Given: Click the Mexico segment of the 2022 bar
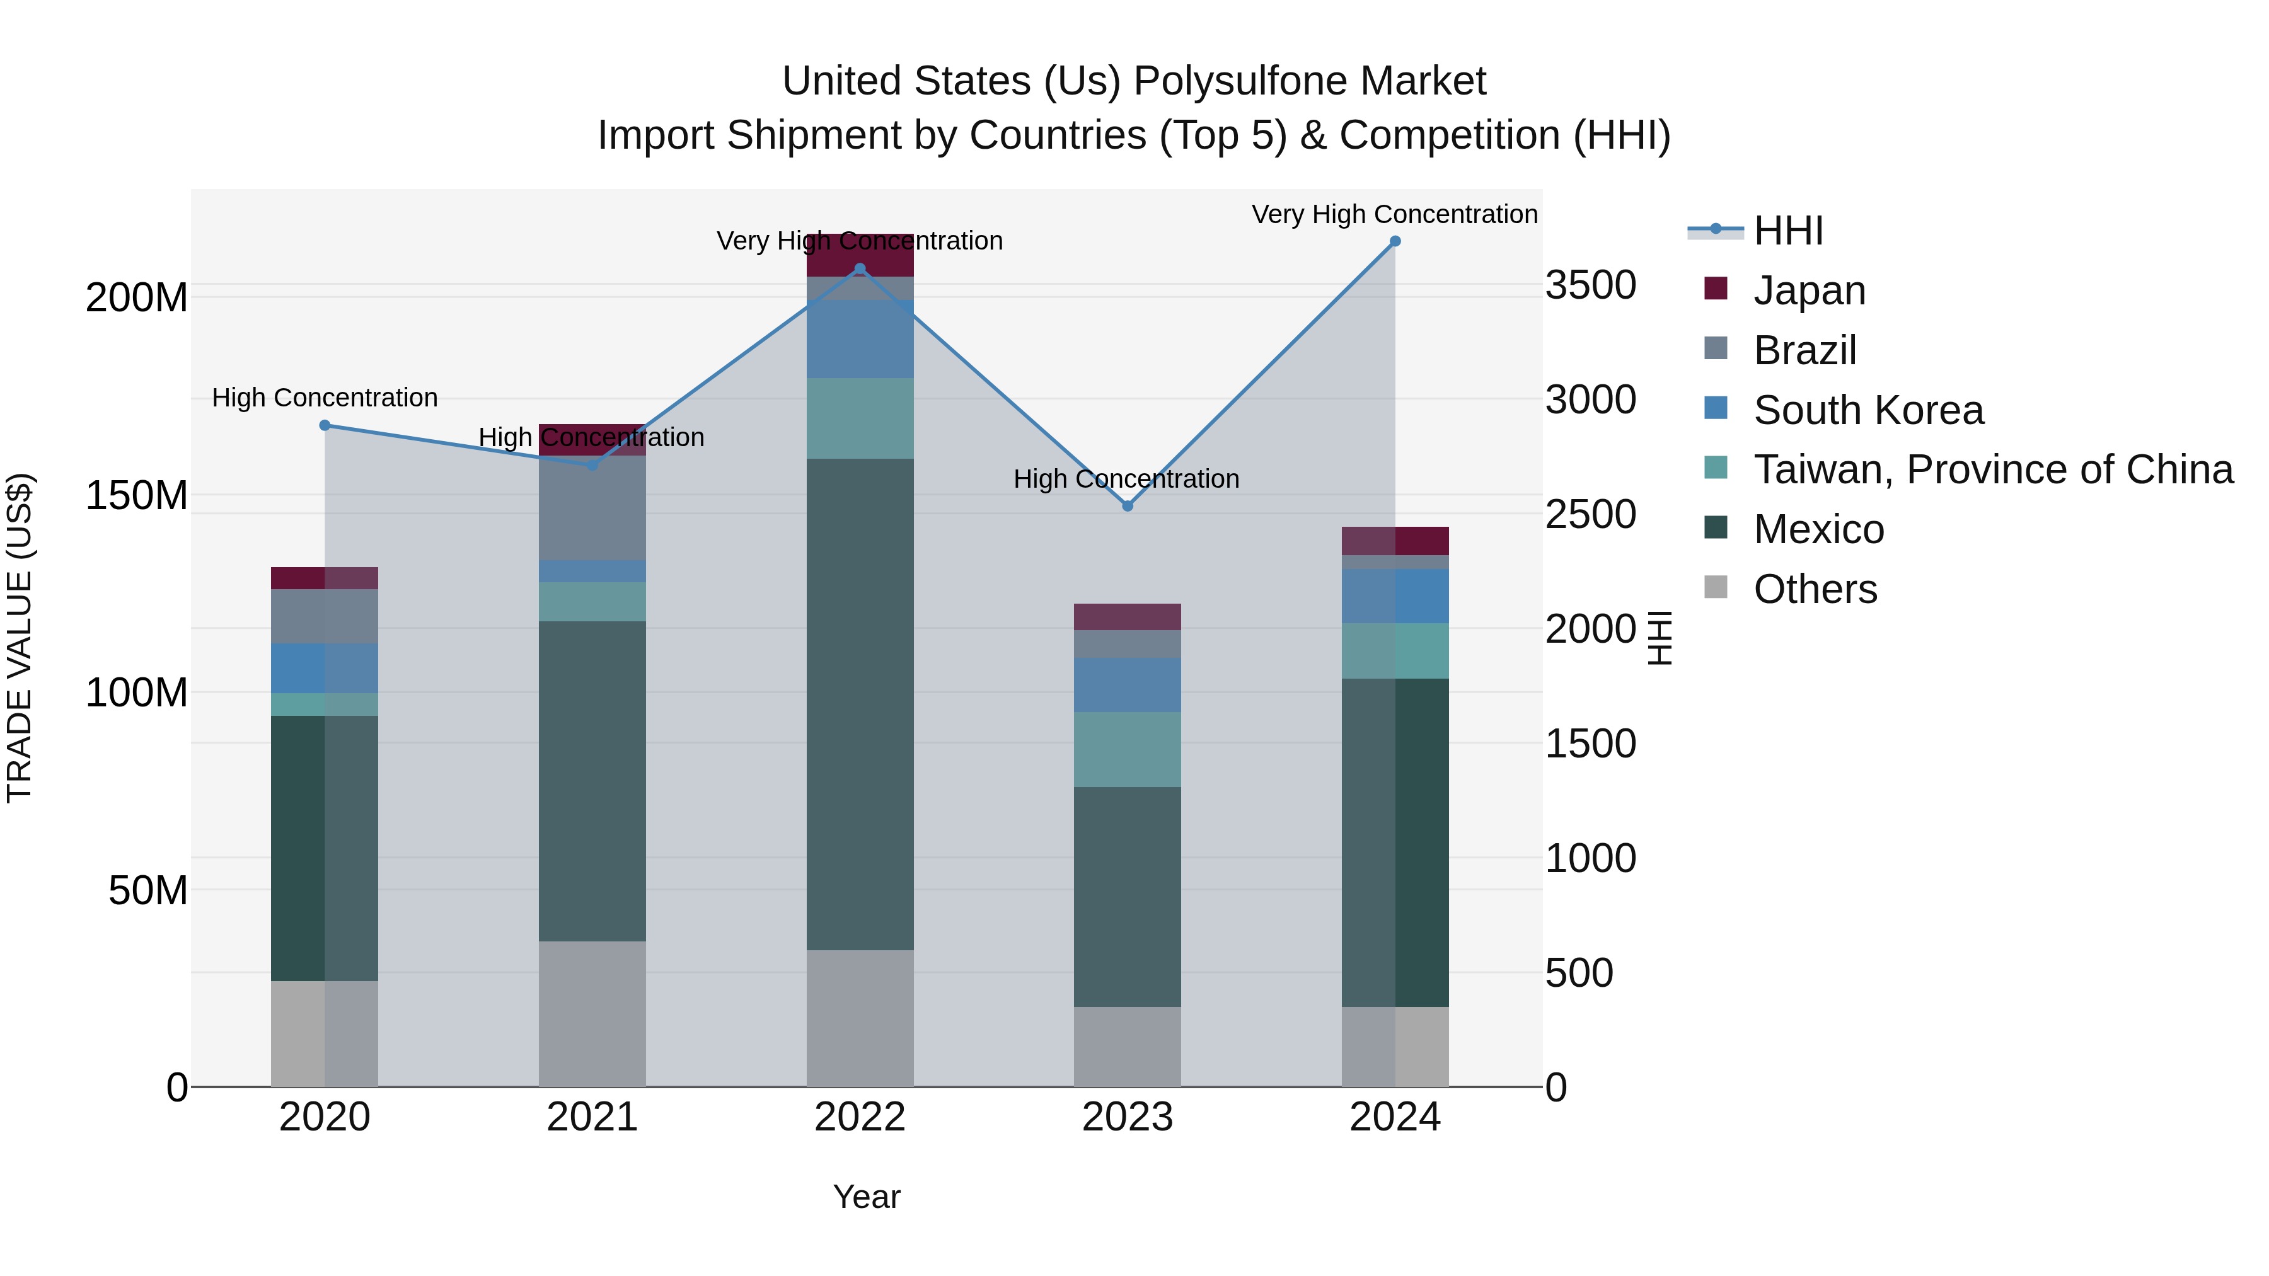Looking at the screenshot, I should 860,704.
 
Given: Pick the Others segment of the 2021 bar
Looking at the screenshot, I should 592,1013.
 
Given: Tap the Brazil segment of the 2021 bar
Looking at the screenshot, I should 592,508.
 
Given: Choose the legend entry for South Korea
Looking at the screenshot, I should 1868,410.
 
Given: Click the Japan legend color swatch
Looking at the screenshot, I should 1716,289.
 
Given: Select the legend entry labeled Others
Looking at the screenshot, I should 1815,589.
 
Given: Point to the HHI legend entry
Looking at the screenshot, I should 1787,231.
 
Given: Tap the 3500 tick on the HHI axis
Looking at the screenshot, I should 1591,285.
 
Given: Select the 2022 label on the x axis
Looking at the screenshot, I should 860,1117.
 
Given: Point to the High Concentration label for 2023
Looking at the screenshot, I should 1126,479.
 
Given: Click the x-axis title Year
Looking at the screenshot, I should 866,1197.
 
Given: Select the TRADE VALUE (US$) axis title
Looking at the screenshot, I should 20,638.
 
